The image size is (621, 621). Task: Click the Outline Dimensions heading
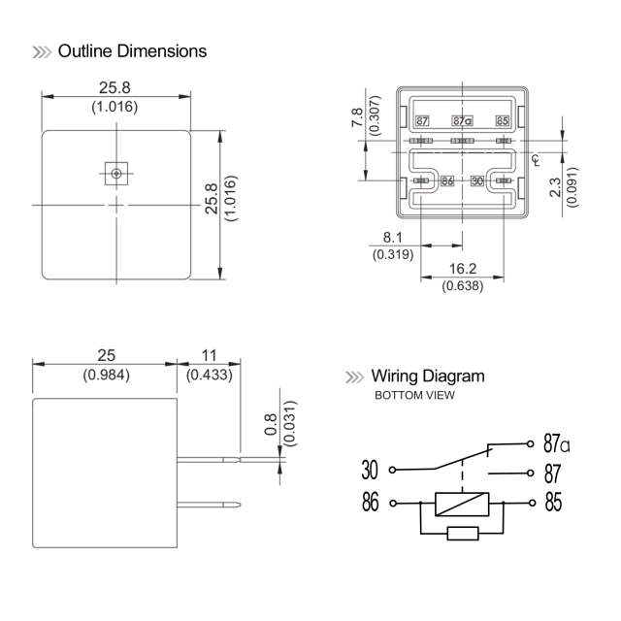click(132, 50)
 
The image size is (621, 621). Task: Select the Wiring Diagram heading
click(427, 376)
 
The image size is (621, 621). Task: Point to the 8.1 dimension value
click(393, 237)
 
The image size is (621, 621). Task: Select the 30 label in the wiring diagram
click(370, 471)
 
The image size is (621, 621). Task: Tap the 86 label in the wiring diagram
click(370, 504)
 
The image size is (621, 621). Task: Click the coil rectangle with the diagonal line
click(461, 504)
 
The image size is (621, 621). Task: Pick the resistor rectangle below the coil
click(461, 534)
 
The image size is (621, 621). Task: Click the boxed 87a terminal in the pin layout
click(462, 121)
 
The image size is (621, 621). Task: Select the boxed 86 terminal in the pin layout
click(447, 180)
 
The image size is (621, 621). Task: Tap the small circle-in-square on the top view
click(116, 174)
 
